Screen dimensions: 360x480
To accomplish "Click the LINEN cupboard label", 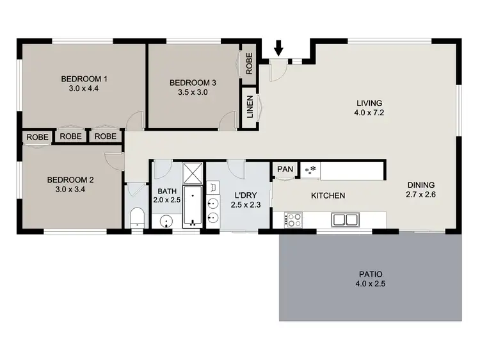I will point(249,108).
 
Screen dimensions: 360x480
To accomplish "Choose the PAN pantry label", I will point(285,170).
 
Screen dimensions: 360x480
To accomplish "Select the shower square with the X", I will point(193,173).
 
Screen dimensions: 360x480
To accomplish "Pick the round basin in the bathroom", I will point(166,222).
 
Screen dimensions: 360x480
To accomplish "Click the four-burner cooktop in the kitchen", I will point(294,220).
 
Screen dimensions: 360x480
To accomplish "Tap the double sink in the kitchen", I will point(346,220).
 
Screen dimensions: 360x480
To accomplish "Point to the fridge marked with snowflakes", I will point(311,170).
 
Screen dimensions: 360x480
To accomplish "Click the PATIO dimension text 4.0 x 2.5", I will point(371,283).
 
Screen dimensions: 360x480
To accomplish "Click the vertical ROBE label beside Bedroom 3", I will point(249,63).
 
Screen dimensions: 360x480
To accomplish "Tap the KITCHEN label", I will point(328,195).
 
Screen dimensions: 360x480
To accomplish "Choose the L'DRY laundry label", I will point(243,195).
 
